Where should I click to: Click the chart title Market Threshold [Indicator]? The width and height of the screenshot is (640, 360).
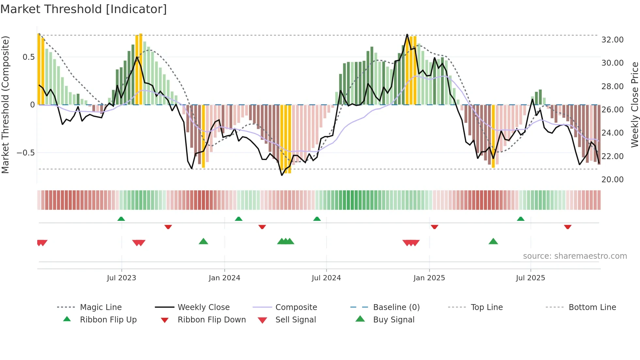(x=84, y=9)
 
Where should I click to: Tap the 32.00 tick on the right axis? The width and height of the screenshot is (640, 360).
(x=612, y=40)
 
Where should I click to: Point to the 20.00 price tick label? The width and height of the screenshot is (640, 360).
(x=612, y=180)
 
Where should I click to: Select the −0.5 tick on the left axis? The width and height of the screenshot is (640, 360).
(x=25, y=153)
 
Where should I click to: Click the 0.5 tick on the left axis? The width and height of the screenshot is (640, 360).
(x=28, y=57)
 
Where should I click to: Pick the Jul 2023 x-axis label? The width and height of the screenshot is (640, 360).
(x=121, y=278)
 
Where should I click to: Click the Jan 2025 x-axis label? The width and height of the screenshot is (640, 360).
(x=429, y=278)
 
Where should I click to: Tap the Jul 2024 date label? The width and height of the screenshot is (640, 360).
(x=326, y=278)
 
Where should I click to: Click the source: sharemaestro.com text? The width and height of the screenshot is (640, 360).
(x=575, y=256)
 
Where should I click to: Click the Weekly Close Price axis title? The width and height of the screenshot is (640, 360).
(x=634, y=105)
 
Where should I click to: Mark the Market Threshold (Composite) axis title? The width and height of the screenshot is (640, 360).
(x=5, y=105)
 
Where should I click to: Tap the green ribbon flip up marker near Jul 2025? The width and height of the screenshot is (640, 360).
(x=520, y=219)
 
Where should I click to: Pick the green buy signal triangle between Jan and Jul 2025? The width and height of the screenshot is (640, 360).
(x=493, y=241)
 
